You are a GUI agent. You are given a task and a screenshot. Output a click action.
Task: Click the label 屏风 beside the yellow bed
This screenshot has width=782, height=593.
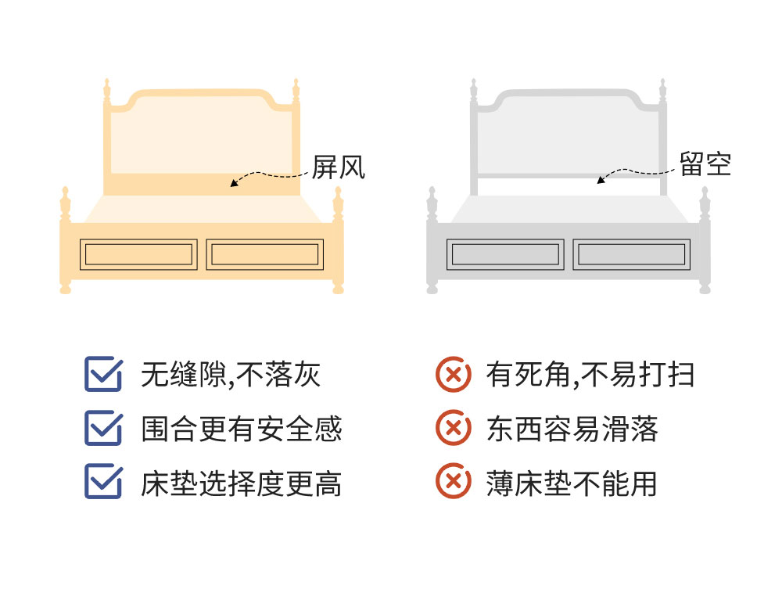click(x=339, y=167)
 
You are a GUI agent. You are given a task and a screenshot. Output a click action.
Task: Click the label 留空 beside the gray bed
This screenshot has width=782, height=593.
click(x=705, y=164)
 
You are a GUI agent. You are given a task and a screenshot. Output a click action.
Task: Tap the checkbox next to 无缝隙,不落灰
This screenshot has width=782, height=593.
click(x=103, y=373)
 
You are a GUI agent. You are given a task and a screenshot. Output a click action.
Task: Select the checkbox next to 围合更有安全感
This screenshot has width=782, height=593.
click(x=103, y=428)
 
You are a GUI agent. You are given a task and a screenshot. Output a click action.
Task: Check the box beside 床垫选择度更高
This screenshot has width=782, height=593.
click(x=103, y=481)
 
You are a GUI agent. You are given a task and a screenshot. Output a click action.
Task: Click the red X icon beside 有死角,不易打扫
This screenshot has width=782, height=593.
click(x=453, y=374)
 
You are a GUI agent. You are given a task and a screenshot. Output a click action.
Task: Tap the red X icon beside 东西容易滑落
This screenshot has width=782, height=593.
click(x=453, y=428)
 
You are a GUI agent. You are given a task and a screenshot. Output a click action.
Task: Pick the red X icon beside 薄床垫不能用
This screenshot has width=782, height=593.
click(x=453, y=481)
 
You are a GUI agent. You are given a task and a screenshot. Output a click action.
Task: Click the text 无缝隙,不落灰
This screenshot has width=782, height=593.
click(x=231, y=374)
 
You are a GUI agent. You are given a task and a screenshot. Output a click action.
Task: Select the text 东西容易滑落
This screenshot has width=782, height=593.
click(x=572, y=429)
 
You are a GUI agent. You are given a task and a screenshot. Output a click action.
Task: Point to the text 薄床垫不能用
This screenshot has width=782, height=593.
click(x=572, y=483)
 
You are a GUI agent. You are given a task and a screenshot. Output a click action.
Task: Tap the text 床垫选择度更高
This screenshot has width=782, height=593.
click(x=242, y=483)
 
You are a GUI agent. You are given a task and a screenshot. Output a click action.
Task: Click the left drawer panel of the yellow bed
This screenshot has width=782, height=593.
click(x=138, y=254)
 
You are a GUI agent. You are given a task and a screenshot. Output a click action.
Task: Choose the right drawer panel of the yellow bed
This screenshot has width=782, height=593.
click(x=265, y=254)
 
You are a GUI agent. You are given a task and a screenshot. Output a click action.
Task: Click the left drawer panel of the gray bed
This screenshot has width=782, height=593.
click(x=505, y=254)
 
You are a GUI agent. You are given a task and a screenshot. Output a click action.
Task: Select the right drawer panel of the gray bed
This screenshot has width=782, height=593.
click(x=631, y=254)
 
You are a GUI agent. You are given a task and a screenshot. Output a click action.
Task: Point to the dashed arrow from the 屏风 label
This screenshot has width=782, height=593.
click(x=264, y=174)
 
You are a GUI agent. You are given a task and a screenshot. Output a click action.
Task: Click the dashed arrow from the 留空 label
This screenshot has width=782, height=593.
click(x=631, y=171)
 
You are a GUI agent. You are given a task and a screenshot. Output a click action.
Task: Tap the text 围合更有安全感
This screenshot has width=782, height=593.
click(x=242, y=429)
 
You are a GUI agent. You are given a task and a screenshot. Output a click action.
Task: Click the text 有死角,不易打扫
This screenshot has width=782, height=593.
click(x=590, y=374)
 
